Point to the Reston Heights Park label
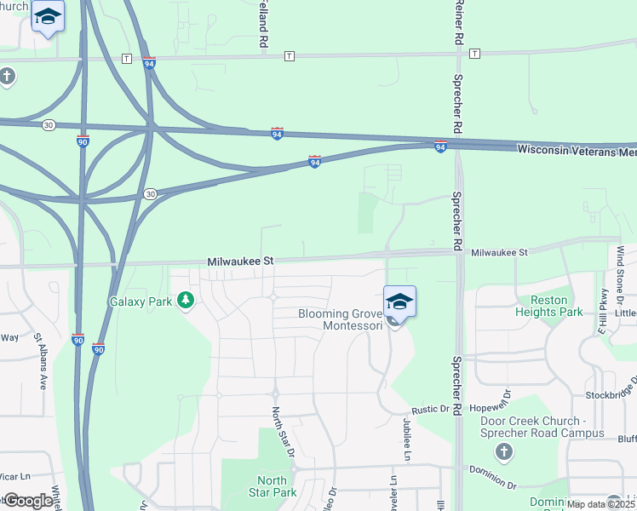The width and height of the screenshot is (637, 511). tap(548, 306)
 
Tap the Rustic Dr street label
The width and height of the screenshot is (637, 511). tap(429, 410)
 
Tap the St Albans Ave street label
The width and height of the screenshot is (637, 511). tap(40, 361)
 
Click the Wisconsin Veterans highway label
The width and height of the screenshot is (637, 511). tap(576, 151)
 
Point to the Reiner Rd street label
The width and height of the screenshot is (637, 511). tap(458, 23)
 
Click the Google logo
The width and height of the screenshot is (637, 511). tap(28, 501)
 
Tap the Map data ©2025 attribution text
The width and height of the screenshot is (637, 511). tap(601, 504)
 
